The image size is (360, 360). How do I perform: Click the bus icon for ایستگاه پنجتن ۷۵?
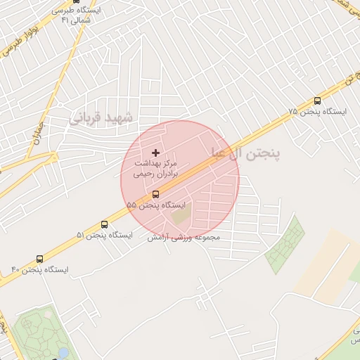click(317, 101)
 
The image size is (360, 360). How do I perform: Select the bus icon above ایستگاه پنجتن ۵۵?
click(155, 194)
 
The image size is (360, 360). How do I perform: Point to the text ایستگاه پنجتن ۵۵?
click(157, 205)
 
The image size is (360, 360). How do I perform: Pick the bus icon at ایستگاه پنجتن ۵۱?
click(104, 224)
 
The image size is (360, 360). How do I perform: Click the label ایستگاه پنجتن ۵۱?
click(104, 235)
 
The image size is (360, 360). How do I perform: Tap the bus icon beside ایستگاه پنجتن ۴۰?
click(39, 259)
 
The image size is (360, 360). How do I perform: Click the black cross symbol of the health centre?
click(155, 152)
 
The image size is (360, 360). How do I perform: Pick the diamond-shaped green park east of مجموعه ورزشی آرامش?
click(285, 245)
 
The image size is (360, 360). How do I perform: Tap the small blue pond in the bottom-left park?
click(64, 352)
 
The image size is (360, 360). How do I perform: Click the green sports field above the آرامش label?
click(181, 214)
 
